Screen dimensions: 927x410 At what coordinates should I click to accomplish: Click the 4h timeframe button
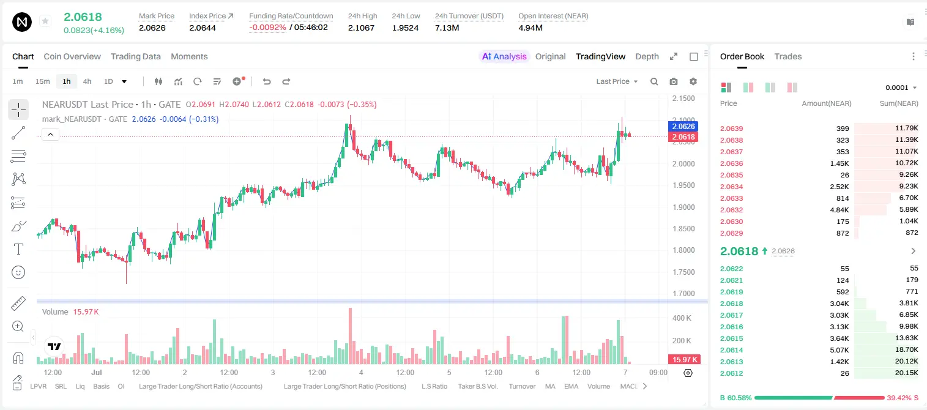[x=87, y=81]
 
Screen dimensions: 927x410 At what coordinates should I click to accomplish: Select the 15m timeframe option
[x=43, y=81]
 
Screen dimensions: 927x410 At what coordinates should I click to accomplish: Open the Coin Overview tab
[x=72, y=56]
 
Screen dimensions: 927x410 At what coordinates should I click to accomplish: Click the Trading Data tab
[x=136, y=56]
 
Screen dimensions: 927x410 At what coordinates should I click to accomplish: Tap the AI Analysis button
[x=504, y=56]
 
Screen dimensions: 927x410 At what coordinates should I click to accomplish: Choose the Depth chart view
[x=647, y=56]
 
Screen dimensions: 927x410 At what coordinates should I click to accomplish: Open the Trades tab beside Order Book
[x=788, y=56]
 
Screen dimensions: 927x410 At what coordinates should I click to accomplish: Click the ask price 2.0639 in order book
[x=731, y=129]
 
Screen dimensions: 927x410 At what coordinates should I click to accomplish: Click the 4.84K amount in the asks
[x=840, y=210]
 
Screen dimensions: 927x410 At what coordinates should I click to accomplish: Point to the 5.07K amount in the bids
[x=840, y=350]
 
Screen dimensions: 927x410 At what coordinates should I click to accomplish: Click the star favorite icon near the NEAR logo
[x=45, y=21]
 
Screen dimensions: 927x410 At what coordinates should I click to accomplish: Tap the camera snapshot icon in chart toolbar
[x=674, y=81]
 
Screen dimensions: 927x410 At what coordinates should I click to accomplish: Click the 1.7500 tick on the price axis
[x=683, y=272]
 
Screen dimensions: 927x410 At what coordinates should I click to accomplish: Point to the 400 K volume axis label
[x=682, y=318]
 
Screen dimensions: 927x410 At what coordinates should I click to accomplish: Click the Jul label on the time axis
[x=97, y=372]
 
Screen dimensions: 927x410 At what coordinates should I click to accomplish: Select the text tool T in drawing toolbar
[x=18, y=249]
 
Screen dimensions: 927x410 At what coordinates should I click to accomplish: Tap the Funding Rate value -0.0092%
[x=267, y=28]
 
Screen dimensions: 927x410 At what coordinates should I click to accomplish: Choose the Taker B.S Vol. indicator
[x=478, y=386]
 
